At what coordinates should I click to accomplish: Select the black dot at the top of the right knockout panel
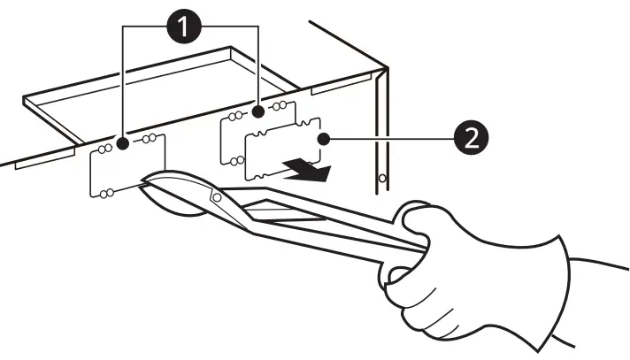click(x=257, y=112)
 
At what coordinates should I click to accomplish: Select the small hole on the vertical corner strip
click(x=381, y=178)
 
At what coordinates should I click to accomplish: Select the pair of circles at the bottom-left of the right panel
click(x=235, y=160)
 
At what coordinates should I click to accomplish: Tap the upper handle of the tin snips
click(x=310, y=199)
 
